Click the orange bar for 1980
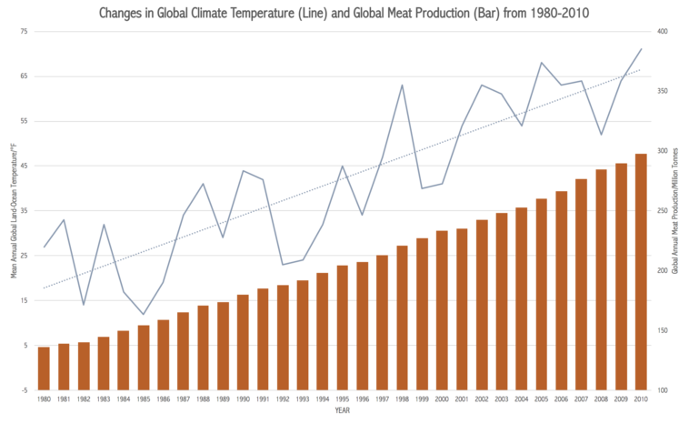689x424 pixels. pyautogui.click(x=44, y=368)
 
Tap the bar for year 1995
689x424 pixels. pyautogui.click(x=343, y=328)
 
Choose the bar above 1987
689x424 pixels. pyautogui.click(x=183, y=350)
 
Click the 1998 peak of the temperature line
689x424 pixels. pyautogui.click(x=403, y=86)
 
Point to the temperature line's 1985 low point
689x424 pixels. pyautogui.click(x=144, y=314)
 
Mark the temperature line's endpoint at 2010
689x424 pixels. pyautogui.click(x=641, y=49)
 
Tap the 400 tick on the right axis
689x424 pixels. pyautogui.click(x=663, y=32)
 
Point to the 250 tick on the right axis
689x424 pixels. pyautogui.click(x=663, y=211)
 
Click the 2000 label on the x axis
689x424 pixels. pyautogui.click(x=442, y=399)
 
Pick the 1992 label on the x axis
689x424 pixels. pyautogui.click(x=283, y=399)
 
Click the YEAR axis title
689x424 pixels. pyautogui.click(x=342, y=410)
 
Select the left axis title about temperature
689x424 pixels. pyautogui.click(x=13, y=210)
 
